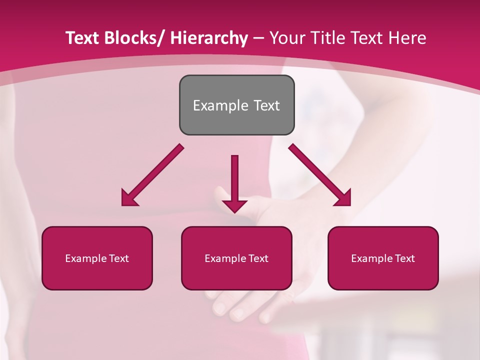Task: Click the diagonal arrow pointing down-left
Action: tap(152, 175)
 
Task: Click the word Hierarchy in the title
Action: tap(209, 38)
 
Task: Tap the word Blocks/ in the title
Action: tap(133, 38)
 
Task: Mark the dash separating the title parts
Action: tap(258, 38)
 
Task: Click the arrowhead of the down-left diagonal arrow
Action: tap(129, 198)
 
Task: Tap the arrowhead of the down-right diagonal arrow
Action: tap(342, 198)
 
